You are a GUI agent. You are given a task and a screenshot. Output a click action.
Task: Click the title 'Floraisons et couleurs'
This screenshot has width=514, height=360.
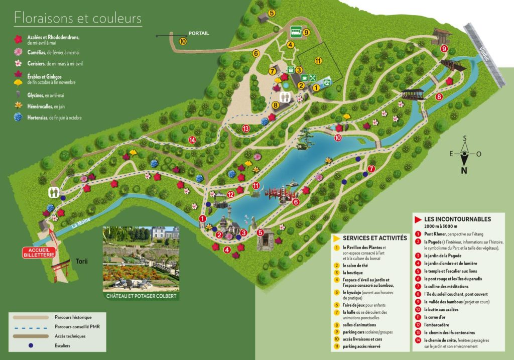tap(78, 19)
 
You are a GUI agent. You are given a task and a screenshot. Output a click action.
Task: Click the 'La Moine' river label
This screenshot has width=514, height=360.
tap(71, 222)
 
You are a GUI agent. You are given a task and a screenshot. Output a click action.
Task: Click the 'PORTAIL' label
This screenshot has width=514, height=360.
tap(198, 33)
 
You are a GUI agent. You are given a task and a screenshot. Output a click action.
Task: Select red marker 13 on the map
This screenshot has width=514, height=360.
tap(245, 129)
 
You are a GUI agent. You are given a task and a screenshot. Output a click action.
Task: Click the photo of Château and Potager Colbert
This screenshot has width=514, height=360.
tap(141, 258)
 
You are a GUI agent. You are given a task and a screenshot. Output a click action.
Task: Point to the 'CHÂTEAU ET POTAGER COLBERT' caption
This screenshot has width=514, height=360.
tap(141, 296)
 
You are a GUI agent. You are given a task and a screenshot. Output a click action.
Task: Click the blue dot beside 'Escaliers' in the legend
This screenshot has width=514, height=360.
tap(32, 346)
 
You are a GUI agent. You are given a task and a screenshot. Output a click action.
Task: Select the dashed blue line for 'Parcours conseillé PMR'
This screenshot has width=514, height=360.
tap(32, 327)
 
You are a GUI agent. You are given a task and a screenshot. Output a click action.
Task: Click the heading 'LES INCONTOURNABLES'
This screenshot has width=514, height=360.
tap(457, 219)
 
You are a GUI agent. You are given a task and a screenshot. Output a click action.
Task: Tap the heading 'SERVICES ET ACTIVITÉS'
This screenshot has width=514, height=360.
tap(374, 237)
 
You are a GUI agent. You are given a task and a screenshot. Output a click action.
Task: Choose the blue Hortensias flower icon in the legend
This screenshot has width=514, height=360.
tap(18, 117)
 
